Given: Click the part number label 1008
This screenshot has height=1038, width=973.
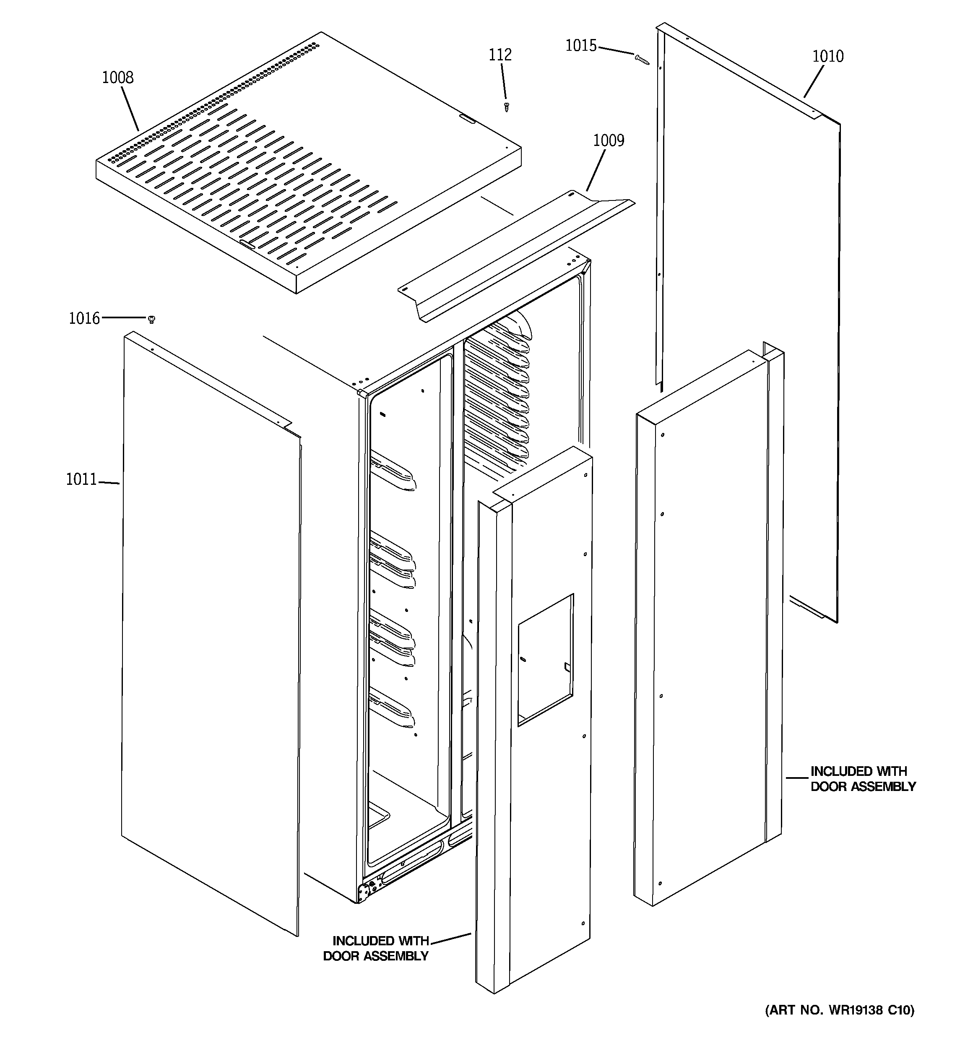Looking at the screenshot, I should point(117,78).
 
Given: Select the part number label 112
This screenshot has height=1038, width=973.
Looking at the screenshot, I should point(500,55).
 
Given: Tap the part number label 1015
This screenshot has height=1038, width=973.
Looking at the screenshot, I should point(581,46).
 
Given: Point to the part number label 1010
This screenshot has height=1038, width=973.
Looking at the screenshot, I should point(828,56).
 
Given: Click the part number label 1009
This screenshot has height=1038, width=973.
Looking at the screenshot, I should point(609,140).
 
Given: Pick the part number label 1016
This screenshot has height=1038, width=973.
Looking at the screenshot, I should point(84,318).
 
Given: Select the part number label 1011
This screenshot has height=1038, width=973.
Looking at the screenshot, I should point(81,479).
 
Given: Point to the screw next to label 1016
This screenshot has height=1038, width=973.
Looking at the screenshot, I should point(152,319).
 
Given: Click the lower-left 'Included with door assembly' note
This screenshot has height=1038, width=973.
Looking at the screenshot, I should point(377,949).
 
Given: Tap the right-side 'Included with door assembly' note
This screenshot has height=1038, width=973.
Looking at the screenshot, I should point(862,779).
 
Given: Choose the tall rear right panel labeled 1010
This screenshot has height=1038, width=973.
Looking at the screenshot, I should point(747,313).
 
